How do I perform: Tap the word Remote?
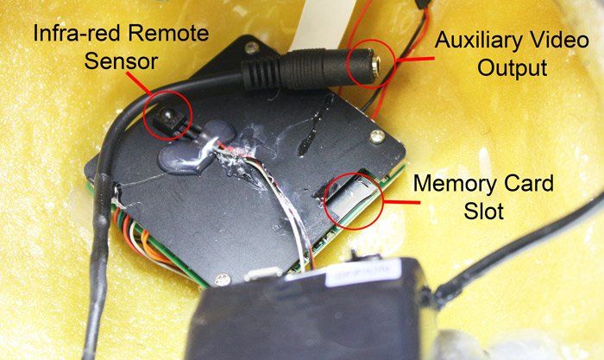tap(168, 33)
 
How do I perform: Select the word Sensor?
tap(122, 61)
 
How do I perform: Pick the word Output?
tap(513, 68)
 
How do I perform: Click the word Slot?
tap(484, 211)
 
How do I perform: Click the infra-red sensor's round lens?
tap(167, 115)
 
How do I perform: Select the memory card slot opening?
tap(349, 197)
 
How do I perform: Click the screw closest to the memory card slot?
tap(377, 136)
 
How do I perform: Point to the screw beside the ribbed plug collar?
tap(252, 47)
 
